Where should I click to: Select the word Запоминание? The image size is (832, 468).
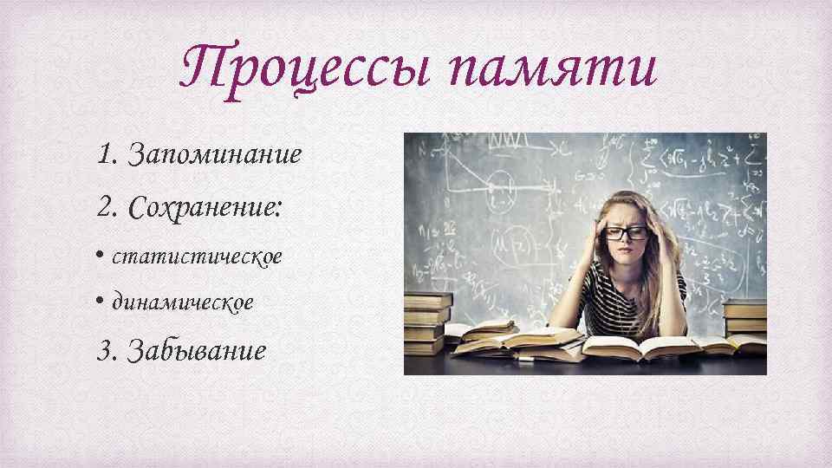(x=215, y=155)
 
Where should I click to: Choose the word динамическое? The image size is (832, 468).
(x=183, y=302)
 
